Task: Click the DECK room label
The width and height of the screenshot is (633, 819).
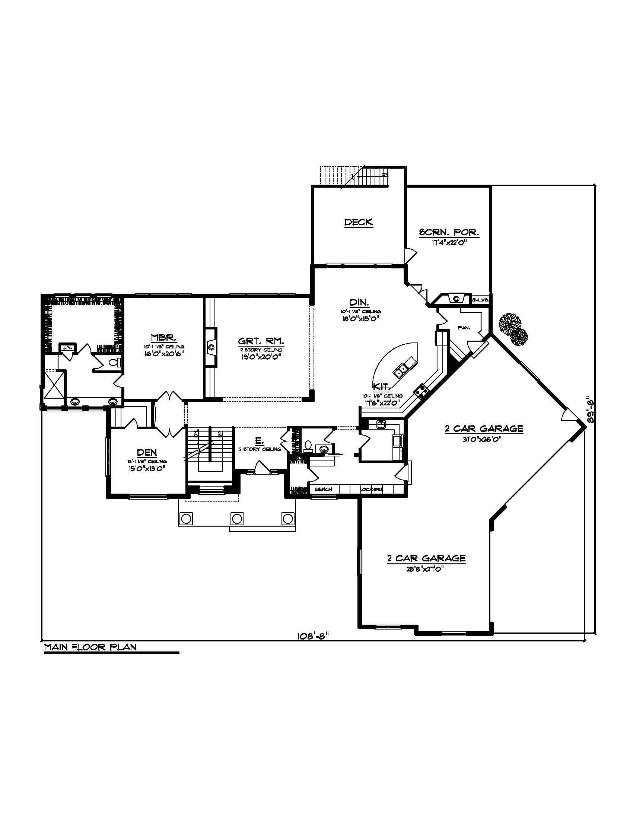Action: click(x=359, y=222)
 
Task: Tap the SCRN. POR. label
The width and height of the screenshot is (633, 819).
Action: click(x=449, y=232)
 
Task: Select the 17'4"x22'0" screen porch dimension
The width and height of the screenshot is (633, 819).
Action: click(x=449, y=243)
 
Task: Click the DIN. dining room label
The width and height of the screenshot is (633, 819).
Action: click(x=360, y=302)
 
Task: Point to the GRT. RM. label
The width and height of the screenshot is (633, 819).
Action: click(x=261, y=341)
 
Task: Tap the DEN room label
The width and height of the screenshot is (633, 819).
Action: click(x=147, y=453)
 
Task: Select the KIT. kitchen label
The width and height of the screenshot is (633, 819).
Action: click(x=382, y=387)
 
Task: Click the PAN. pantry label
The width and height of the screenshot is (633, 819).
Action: click(x=464, y=328)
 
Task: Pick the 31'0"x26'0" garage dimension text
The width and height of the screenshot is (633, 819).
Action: click(x=484, y=439)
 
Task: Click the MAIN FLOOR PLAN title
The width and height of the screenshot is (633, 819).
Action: click(x=90, y=647)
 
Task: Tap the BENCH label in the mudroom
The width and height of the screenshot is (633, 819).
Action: click(x=323, y=490)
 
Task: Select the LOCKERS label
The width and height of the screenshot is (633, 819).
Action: click(x=371, y=490)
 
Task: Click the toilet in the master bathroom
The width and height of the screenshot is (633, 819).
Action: click(x=114, y=362)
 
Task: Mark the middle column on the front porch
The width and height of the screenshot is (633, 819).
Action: click(x=236, y=519)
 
